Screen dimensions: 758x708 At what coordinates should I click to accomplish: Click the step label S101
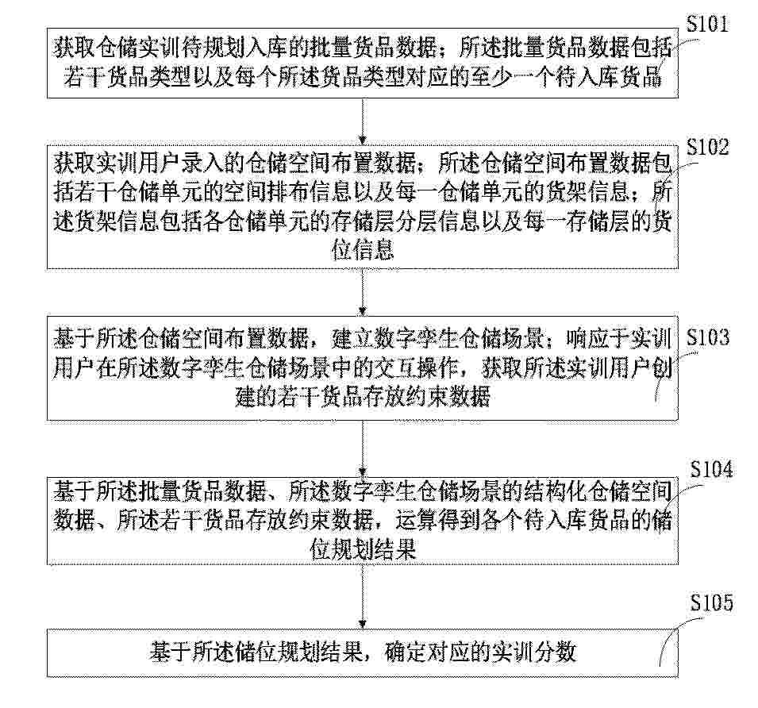pos(707,23)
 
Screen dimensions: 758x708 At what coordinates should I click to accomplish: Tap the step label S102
pos(707,146)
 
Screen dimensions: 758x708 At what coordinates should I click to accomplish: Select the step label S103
pos(708,337)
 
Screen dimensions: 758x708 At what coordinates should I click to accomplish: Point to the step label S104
pos(711,469)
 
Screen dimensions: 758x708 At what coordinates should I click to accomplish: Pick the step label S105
pos(711,602)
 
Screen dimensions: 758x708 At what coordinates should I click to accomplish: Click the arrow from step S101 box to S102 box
pos(363,121)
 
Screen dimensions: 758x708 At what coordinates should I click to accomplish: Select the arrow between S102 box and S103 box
pos(363,292)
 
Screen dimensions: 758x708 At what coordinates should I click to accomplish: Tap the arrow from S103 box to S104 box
pos(363,449)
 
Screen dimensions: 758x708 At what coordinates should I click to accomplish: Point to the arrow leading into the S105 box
pos(363,596)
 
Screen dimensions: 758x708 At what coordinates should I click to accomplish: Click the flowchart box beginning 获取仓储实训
pos(363,63)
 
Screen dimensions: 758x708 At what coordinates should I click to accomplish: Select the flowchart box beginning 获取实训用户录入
pos(363,207)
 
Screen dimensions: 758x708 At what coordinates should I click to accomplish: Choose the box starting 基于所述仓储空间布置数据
pos(363,368)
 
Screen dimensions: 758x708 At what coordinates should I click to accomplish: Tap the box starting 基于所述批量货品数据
pos(363,521)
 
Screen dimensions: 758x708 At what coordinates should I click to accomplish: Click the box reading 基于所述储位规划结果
pos(363,652)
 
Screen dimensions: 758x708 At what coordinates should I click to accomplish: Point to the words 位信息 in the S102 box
pos(363,251)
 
